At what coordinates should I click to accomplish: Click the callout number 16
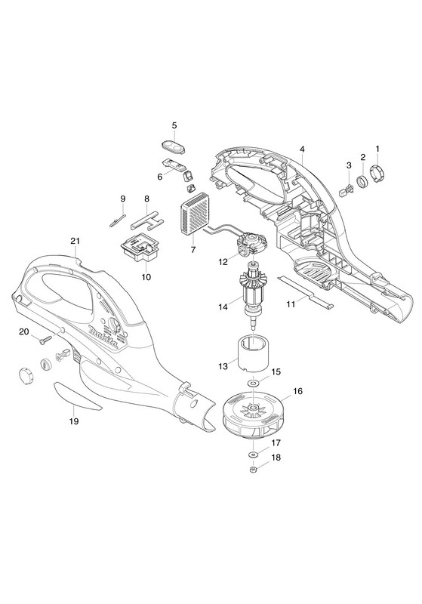[x=297, y=391]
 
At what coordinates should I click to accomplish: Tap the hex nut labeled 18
[x=253, y=470]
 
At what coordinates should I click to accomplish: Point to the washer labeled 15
[x=253, y=384]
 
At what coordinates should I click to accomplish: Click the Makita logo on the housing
[x=104, y=337]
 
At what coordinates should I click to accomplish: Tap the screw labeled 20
[x=45, y=339]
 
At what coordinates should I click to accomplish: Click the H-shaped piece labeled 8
[x=146, y=220]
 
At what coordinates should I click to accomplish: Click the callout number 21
[x=75, y=241]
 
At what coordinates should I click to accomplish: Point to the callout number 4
[x=303, y=149]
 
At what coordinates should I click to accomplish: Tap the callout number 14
[x=223, y=307]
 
